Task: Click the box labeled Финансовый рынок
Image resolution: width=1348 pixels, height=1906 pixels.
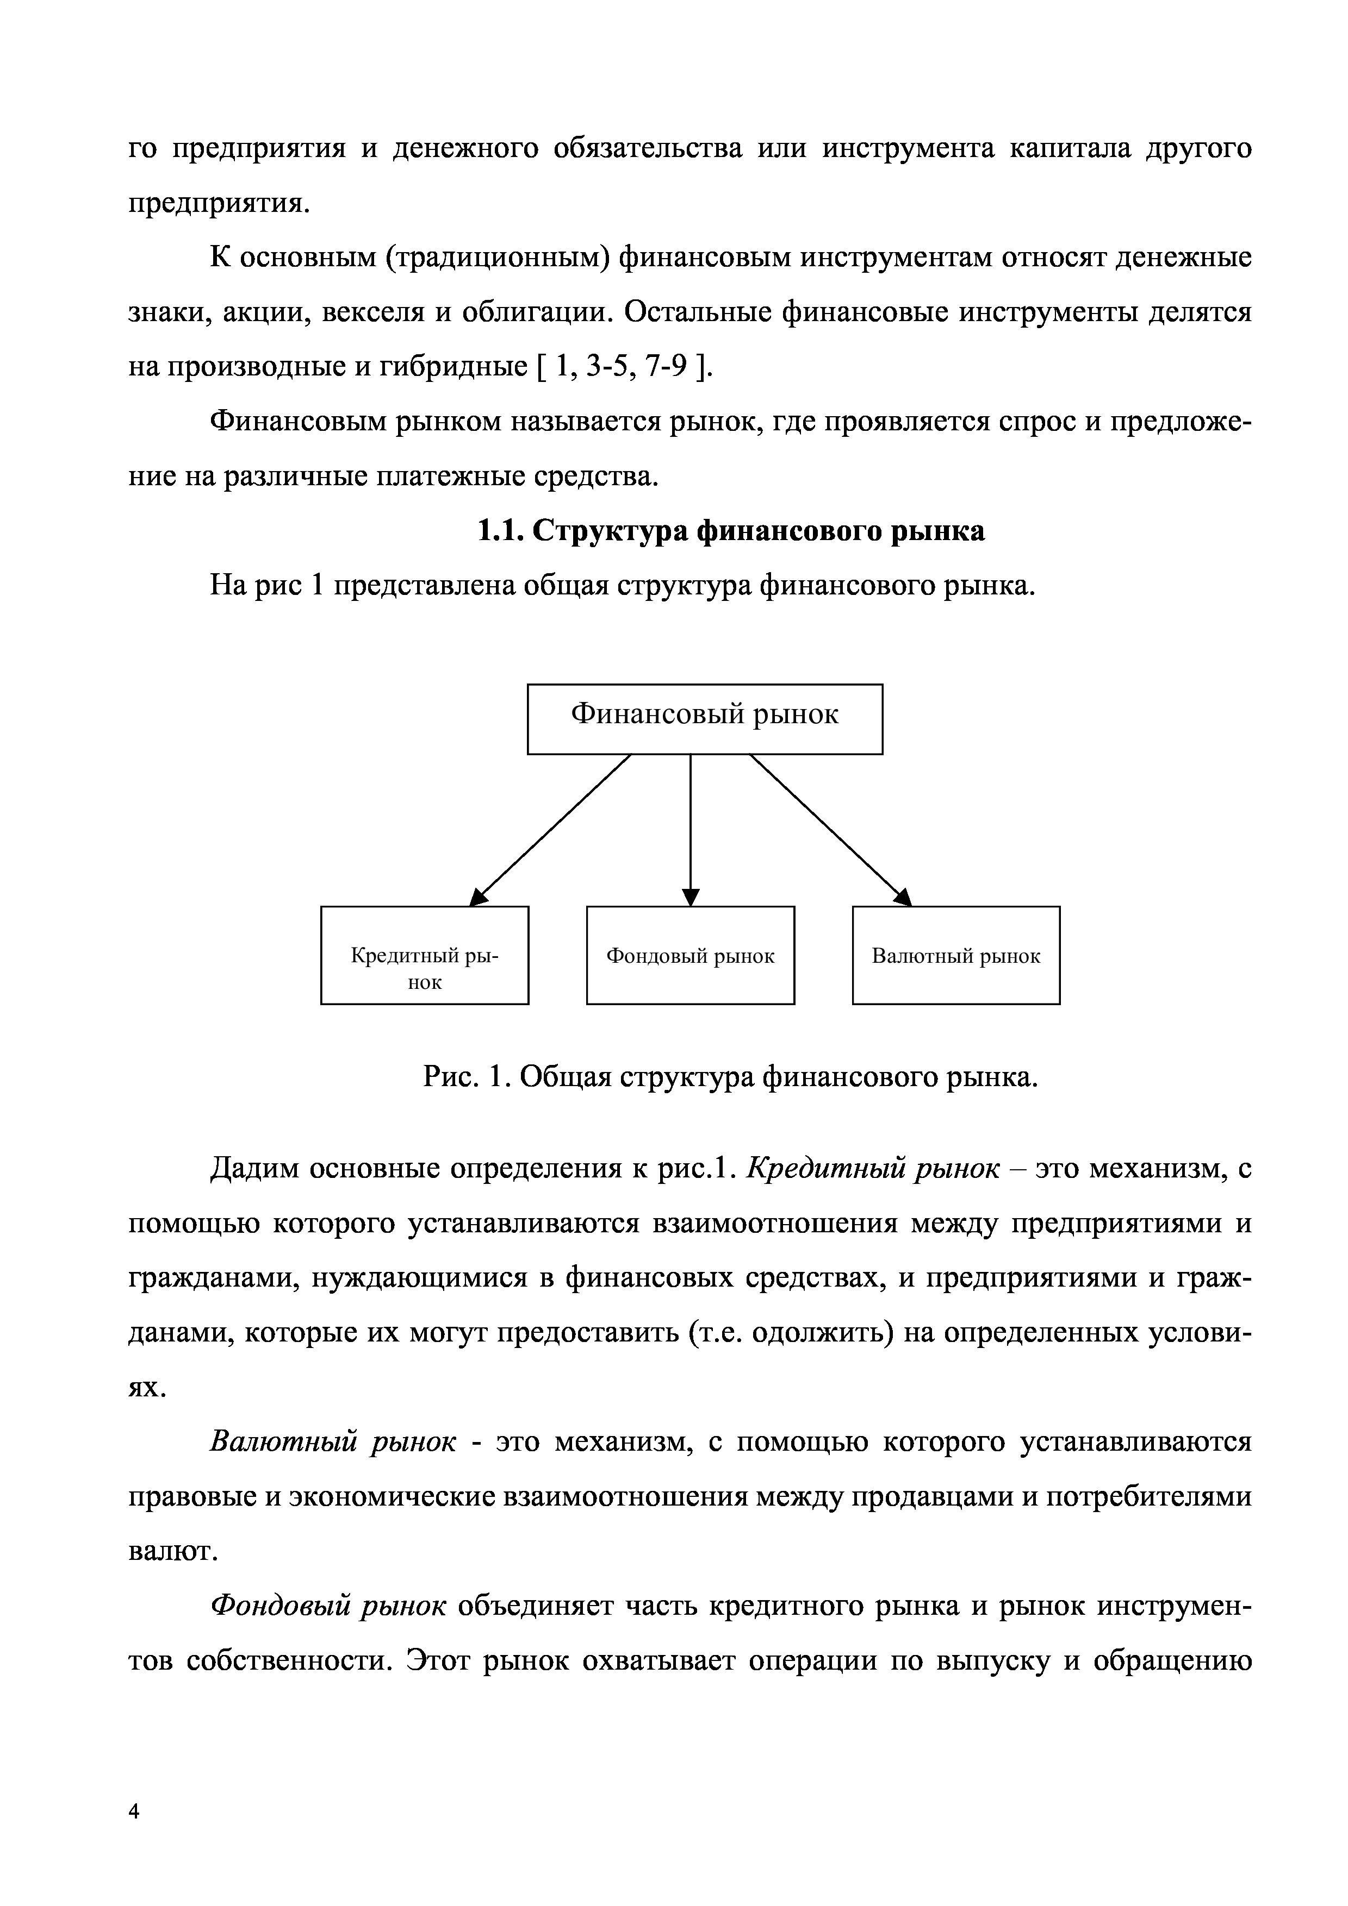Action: click(x=704, y=718)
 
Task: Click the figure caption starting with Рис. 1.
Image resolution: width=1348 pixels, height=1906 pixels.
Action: click(x=731, y=1077)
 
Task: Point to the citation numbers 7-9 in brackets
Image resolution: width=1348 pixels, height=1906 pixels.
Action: click(x=667, y=366)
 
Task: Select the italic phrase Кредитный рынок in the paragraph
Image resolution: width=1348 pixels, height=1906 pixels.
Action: click(x=873, y=1169)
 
